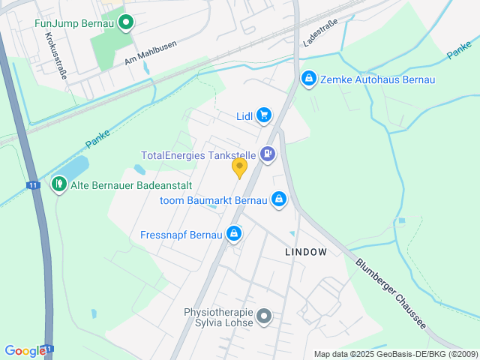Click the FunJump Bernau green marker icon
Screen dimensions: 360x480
pos(126,23)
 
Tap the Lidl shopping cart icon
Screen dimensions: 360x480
pos(263,115)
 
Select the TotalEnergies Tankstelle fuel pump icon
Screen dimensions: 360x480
pos(268,155)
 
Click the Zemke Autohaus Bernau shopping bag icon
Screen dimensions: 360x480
pos(307,79)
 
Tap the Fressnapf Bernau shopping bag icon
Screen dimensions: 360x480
pos(234,235)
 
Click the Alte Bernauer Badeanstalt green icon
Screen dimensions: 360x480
pos(59,183)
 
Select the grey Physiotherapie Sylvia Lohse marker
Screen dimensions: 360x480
pos(263,317)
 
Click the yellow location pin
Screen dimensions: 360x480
pos(240,168)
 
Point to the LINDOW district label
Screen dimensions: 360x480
pos(306,252)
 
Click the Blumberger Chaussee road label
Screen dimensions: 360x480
pos(391,295)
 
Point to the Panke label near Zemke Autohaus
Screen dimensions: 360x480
pos(459,51)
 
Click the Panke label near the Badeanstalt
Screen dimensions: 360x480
pos(97,139)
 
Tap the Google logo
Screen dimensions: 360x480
pos(25,350)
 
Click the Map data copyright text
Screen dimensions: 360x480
pos(395,354)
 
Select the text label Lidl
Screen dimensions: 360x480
pos(243,115)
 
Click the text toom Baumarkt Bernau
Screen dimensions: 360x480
pos(214,200)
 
